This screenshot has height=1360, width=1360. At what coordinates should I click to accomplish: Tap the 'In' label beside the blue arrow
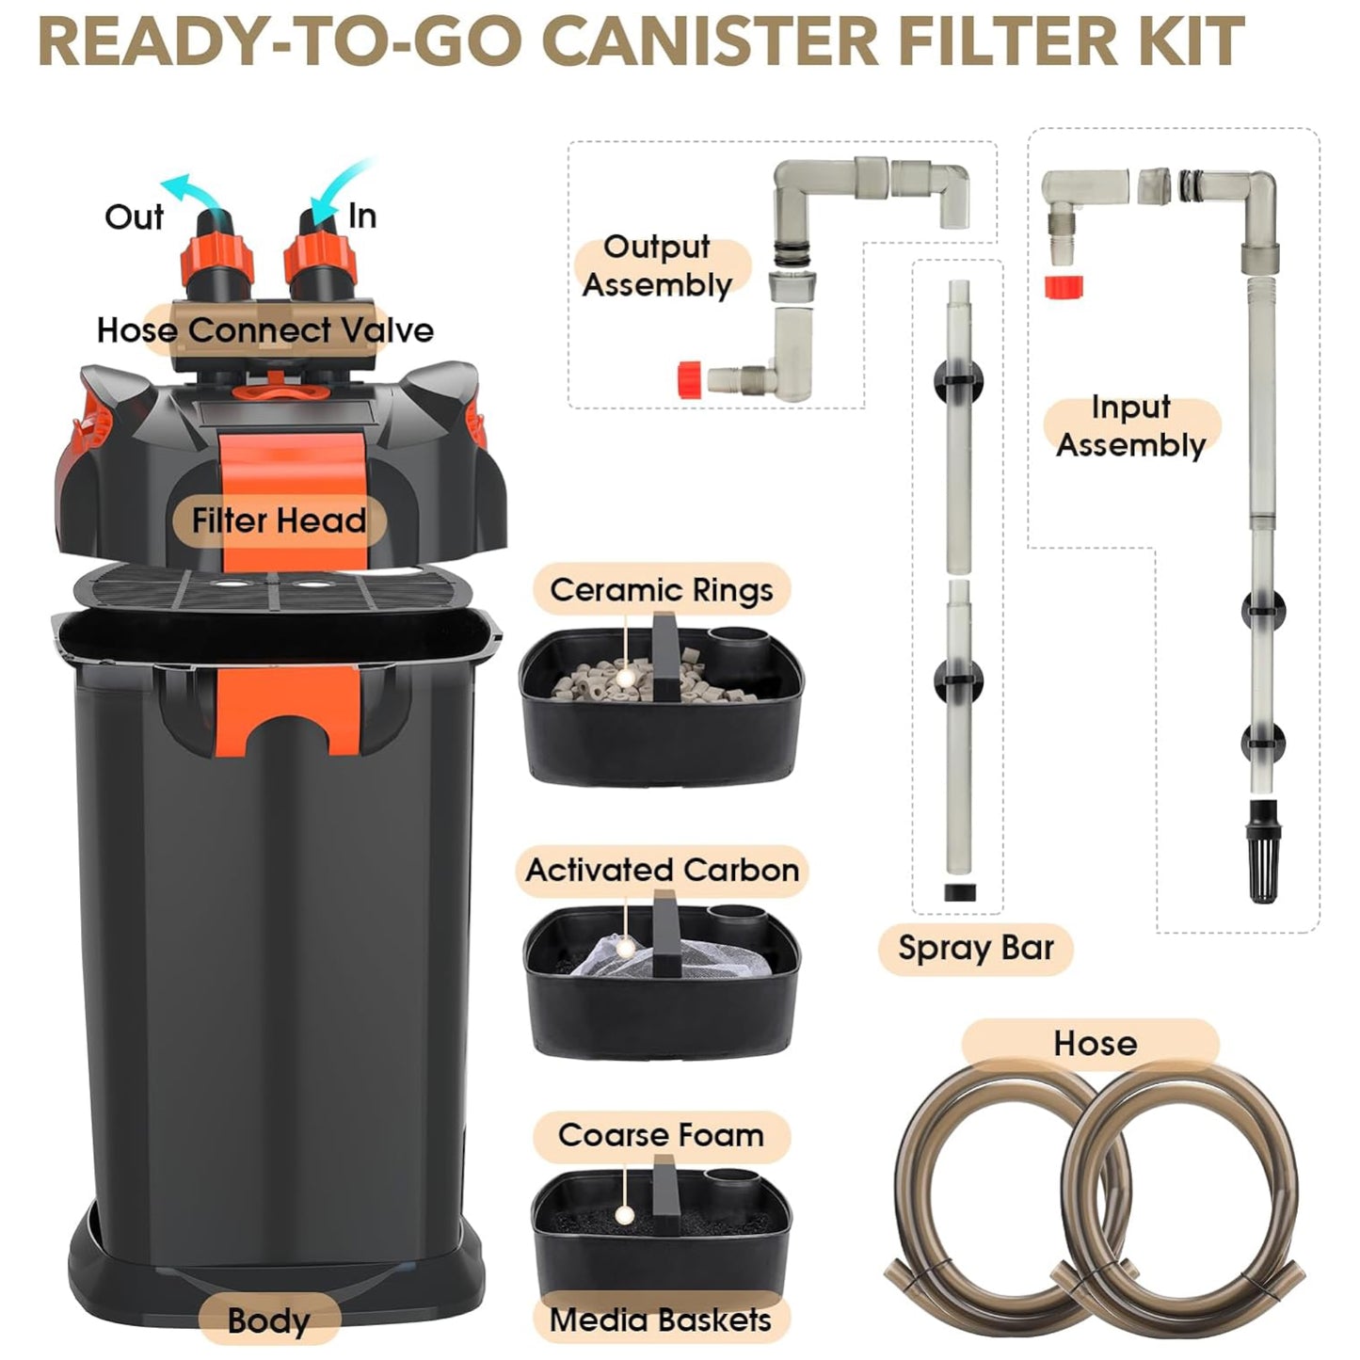pyautogui.click(x=362, y=216)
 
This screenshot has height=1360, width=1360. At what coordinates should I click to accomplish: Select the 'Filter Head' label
pyautogui.click(x=280, y=520)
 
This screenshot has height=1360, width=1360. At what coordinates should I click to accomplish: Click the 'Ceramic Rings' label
pyautogui.click(x=662, y=589)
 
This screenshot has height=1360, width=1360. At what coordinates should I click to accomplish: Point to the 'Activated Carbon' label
pyautogui.click(x=662, y=871)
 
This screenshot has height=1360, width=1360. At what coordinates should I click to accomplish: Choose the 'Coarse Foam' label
pyautogui.click(x=662, y=1136)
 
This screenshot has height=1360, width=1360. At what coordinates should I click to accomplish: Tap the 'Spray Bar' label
pyautogui.click(x=975, y=948)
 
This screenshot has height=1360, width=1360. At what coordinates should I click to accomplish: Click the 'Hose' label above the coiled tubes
pyautogui.click(x=1096, y=1043)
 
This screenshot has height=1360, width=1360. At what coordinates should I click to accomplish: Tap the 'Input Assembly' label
pyautogui.click(x=1130, y=426)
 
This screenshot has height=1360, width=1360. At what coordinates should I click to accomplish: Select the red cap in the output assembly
pyautogui.click(x=690, y=379)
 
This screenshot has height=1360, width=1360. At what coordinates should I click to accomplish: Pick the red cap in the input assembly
pyautogui.click(x=1064, y=286)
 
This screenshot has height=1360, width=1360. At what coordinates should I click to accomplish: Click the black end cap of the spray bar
pyautogui.click(x=959, y=892)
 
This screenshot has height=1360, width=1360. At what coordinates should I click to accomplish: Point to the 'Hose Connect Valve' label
pyautogui.click(x=265, y=329)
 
